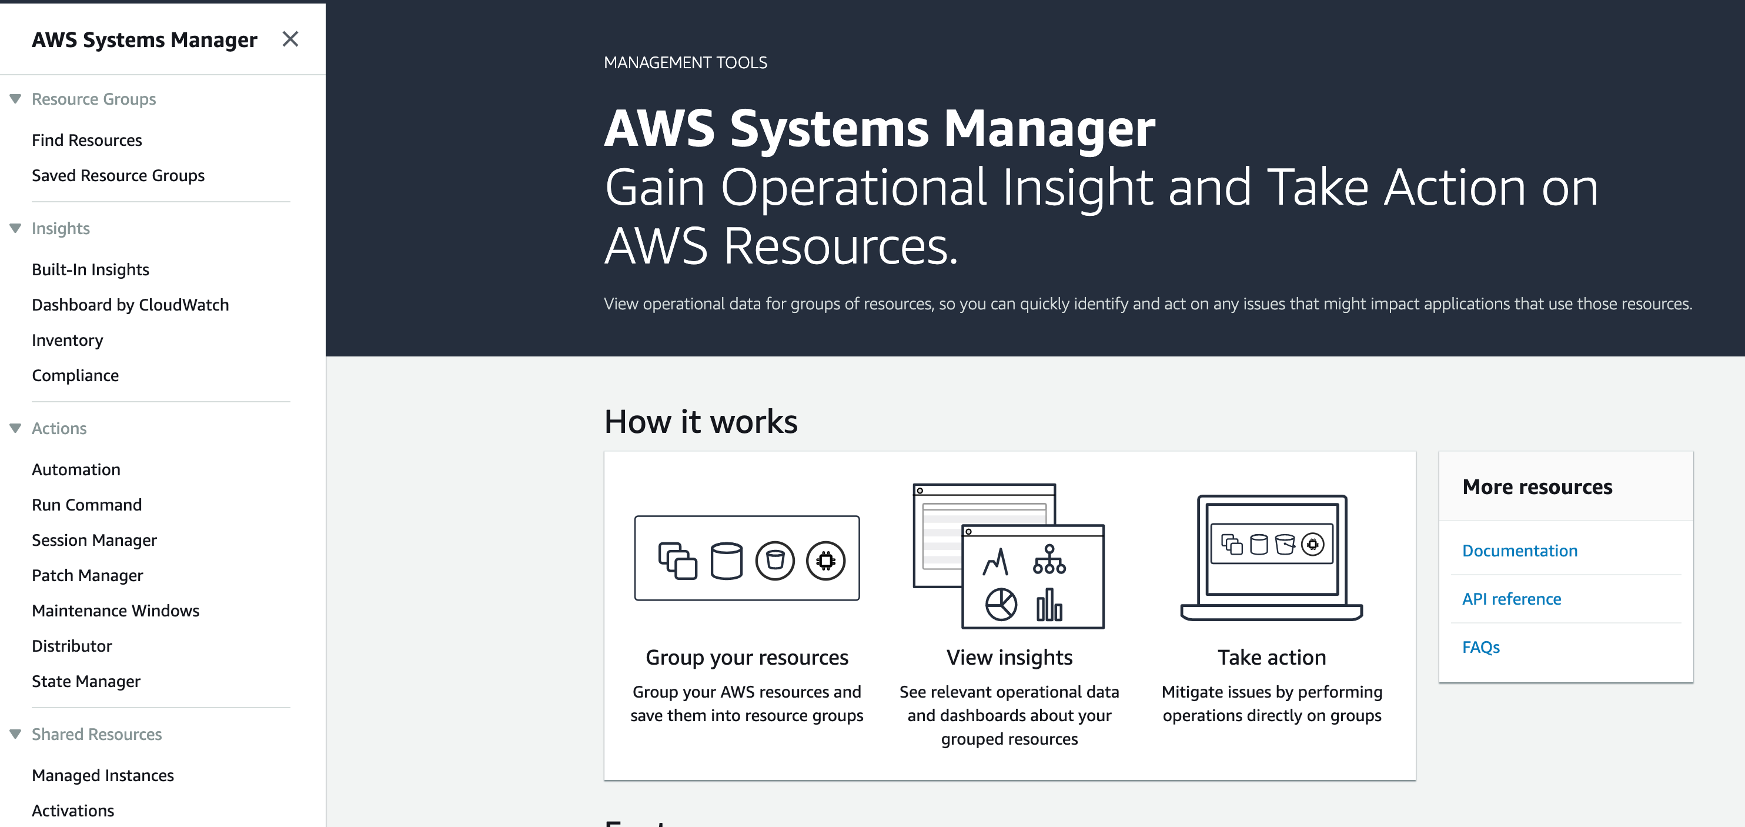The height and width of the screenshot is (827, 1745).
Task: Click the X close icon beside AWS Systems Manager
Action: [290, 39]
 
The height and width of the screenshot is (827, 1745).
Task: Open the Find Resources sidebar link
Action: [86, 141]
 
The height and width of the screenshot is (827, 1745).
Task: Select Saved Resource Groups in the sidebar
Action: [118, 175]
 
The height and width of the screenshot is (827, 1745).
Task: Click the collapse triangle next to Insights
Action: [15, 228]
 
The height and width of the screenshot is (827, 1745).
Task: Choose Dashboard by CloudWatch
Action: [130, 305]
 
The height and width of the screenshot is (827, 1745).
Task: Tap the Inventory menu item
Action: [67, 341]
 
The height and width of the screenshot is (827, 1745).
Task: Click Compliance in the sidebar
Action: [75, 375]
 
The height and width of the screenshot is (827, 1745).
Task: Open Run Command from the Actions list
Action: [86, 505]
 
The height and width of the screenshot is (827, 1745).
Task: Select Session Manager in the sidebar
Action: [94, 541]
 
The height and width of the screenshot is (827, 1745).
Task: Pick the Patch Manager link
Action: [88, 575]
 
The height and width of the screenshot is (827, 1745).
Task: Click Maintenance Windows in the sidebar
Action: [115, 611]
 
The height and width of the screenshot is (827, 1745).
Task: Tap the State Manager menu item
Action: [86, 681]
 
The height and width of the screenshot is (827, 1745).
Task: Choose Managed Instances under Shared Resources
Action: [103, 775]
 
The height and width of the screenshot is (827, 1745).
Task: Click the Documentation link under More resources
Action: [1519, 551]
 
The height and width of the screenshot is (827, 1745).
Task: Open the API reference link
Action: [1511, 599]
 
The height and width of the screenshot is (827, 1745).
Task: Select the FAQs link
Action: [1481, 648]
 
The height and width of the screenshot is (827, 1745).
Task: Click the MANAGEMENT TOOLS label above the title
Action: [685, 63]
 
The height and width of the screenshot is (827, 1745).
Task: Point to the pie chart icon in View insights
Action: [1001, 604]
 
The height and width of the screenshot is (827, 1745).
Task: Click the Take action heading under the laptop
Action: [1272, 658]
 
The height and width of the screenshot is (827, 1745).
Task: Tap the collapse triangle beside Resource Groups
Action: [15, 99]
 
